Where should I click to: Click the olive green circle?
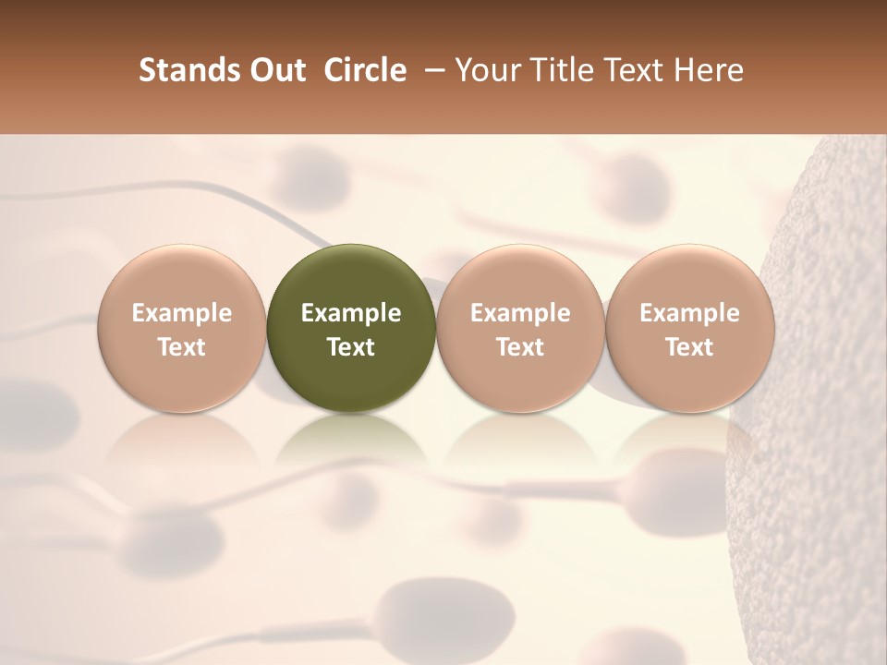350,328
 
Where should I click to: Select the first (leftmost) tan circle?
181,328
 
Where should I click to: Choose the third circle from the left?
520,328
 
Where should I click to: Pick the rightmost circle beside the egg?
689,328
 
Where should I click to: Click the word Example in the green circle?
351,313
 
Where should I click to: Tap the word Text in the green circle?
351,347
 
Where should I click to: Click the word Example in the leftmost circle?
182,313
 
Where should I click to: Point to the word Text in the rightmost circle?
689,347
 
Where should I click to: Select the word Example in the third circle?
520,313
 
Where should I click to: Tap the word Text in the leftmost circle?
182,347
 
